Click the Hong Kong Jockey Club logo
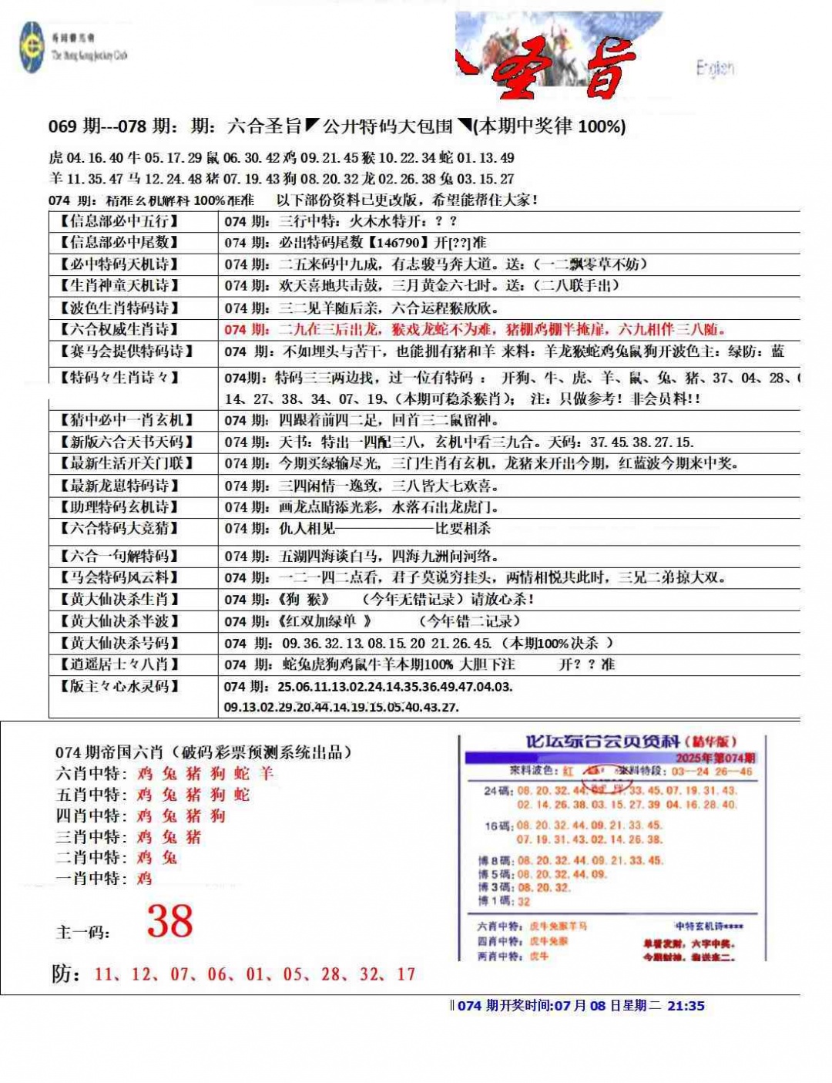[x=32, y=47]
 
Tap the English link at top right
[x=715, y=69]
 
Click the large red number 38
[x=170, y=921]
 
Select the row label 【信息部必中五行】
[x=119, y=221]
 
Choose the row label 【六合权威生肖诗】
[x=119, y=329]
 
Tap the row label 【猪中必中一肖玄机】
[x=125, y=420]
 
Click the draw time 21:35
[x=686, y=1005]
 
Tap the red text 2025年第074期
[x=715, y=758]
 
